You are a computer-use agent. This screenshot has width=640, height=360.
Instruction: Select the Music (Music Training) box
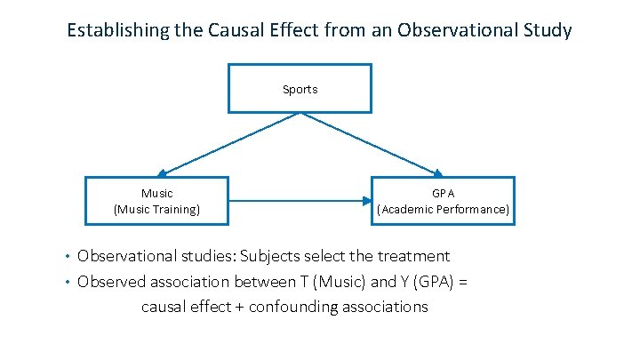point(156,201)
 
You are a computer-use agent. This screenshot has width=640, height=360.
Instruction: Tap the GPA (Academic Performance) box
point(444,201)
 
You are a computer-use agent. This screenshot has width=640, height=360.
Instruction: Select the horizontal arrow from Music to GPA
point(300,202)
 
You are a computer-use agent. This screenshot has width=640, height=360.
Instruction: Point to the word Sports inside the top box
point(300,89)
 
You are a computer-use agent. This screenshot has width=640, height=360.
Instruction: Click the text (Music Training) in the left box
point(156,210)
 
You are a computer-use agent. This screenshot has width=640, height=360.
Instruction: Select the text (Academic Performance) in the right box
point(444,210)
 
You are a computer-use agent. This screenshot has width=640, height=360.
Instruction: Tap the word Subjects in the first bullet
point(268,256)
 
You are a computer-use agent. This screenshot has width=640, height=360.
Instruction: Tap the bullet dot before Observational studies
point(68,257)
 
